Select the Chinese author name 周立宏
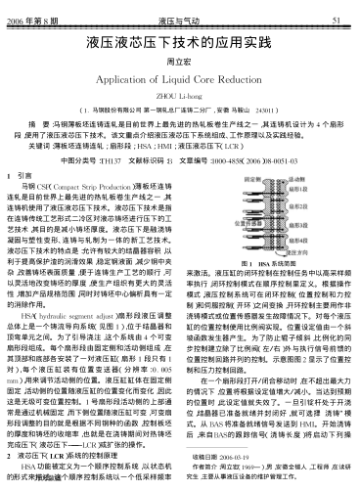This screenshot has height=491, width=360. pos(180,62)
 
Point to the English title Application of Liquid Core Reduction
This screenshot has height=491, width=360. pos(180,80)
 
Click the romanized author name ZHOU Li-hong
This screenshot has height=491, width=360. pos(180,98)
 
